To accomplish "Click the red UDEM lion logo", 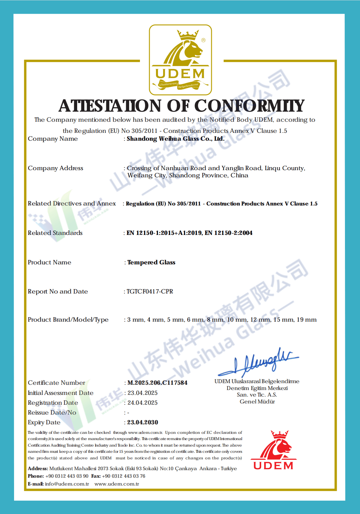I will [274, 450].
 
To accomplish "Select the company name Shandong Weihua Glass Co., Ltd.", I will [176, 139].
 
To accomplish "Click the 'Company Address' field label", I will [56, 168].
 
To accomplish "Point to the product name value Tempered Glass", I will [151, 262].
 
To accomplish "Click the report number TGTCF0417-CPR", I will [150, 292].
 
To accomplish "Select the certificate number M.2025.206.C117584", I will [157, 383].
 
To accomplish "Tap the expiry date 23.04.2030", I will [143, 422].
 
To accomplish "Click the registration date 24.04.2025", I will [143, 403].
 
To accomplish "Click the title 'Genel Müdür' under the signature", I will [257, 402].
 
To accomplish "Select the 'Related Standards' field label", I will [55, 233].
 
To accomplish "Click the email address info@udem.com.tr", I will [67, 484].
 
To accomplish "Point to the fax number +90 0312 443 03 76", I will [124, 476].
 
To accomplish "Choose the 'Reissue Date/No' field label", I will [52, 413].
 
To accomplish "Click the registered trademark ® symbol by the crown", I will [203, 40].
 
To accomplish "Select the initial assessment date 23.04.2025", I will [143, 393].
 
